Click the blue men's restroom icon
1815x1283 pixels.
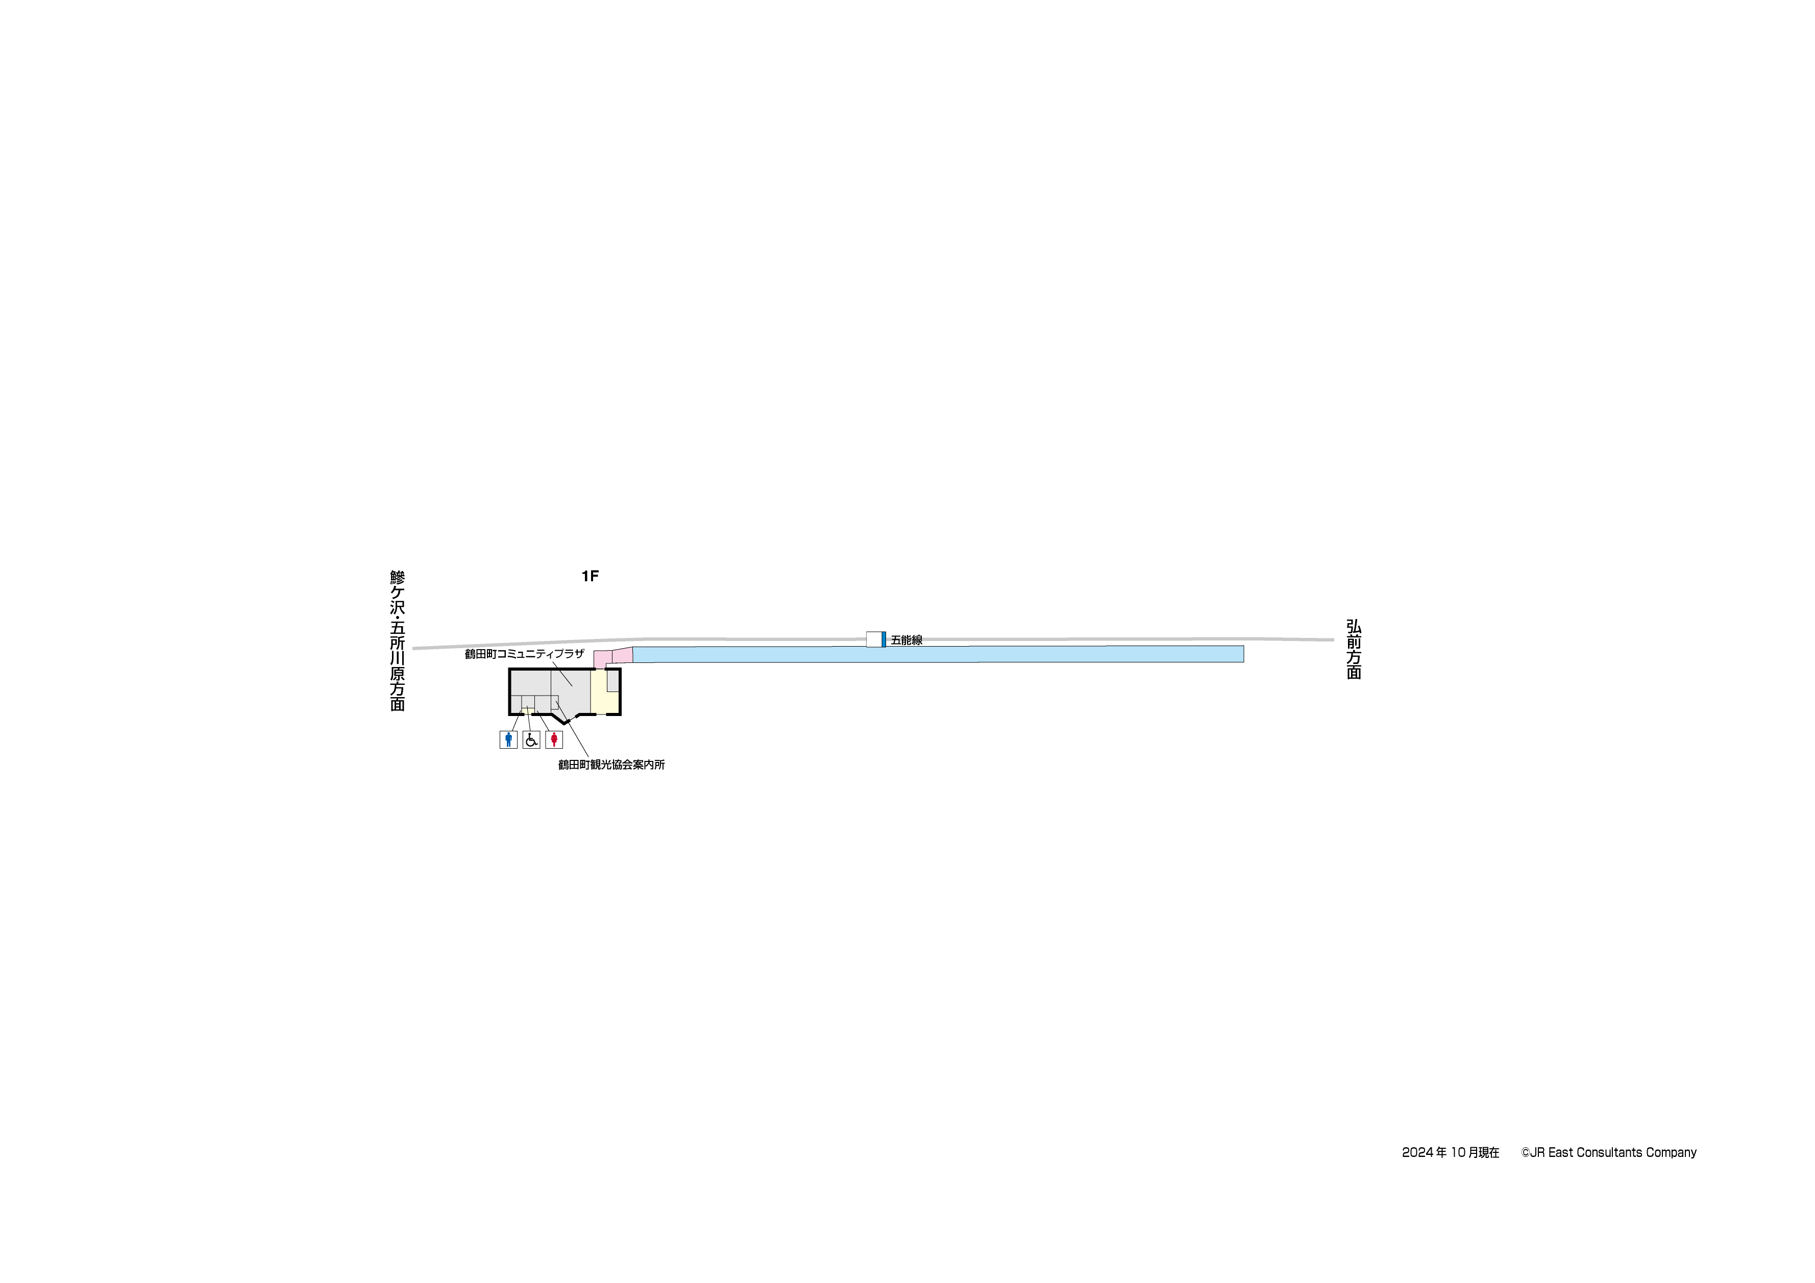click(508, 739)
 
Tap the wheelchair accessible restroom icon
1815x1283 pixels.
click(531, 739)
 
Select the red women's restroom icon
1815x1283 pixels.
click(554, 739)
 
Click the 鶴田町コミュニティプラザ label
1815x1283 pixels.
click(524, 654)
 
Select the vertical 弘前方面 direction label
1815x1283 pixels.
click(1354, 649)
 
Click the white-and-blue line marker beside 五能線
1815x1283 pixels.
click(876, 639)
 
